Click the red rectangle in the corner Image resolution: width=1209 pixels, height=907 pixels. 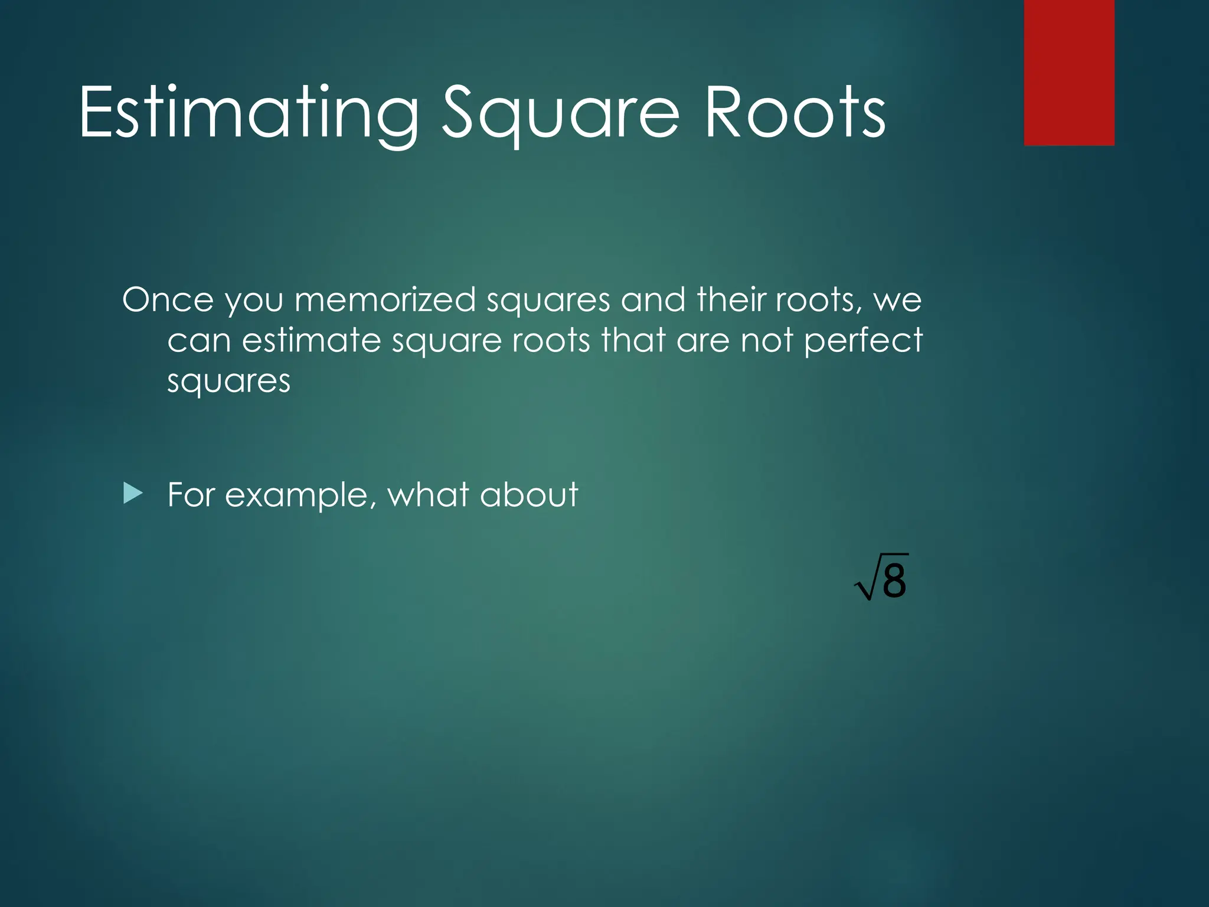(x=1069, y=72)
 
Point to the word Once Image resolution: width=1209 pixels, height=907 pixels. (x=168, y=300)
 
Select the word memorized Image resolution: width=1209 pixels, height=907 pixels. (x=385, y=300)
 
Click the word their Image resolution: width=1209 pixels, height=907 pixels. (x=731, y=300)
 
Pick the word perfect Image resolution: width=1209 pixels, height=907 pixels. (x=863, y=341)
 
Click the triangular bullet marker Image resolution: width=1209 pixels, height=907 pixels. (x=133, y=493)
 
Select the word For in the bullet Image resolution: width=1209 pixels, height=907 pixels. (x=191, y=495)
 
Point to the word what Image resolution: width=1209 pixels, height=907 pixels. (x=429, y=495)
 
